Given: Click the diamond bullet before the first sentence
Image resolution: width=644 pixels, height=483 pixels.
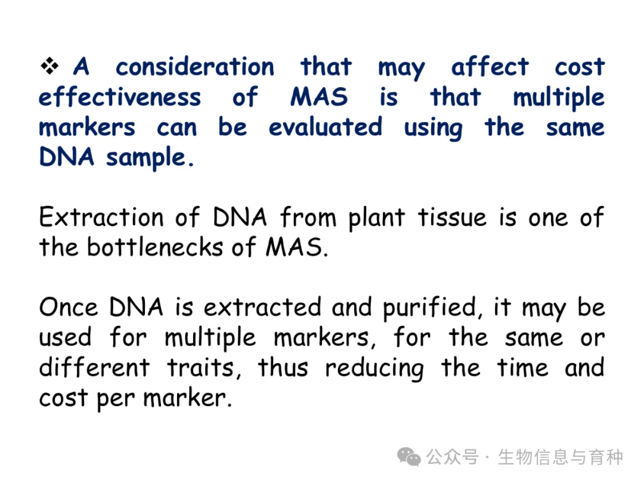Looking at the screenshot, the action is coord(49,66).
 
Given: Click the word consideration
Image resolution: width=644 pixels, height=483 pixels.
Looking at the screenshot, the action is coord(194,67).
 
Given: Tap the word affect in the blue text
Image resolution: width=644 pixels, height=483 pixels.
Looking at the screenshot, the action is coord(490,67).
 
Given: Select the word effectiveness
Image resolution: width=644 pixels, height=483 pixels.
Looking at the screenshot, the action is coord(120,97).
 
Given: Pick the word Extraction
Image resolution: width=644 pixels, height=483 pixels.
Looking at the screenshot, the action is coord(101,217).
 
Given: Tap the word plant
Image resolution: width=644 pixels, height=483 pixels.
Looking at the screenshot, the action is coord(377,218).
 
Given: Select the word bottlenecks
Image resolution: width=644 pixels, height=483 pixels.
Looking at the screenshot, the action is coord(155,247).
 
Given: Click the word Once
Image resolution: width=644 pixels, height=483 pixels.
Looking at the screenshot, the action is coord(69,307).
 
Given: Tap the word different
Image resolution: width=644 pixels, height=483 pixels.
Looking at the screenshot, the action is coord(94,367).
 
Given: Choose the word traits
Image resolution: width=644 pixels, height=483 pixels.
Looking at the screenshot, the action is coord(204,367).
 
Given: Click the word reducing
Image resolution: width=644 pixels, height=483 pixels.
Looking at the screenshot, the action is coord(374,369).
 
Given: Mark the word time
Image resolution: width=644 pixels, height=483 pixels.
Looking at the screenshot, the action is coord(522,367).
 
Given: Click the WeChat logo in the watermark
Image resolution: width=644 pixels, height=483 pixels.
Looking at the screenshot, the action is coord(408,457).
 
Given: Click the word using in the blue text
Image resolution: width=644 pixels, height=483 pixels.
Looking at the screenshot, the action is coord(434,128).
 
